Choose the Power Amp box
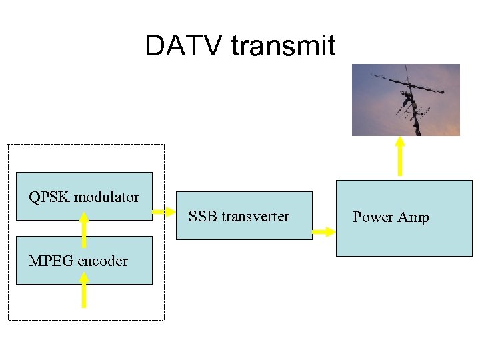coord(403,218)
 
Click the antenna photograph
coord(405,100)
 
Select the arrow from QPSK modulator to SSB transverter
coord(162,213)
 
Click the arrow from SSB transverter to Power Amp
coord(323,231)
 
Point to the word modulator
coord(107,197)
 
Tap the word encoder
coord(103,261)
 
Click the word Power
coord(373,217)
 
